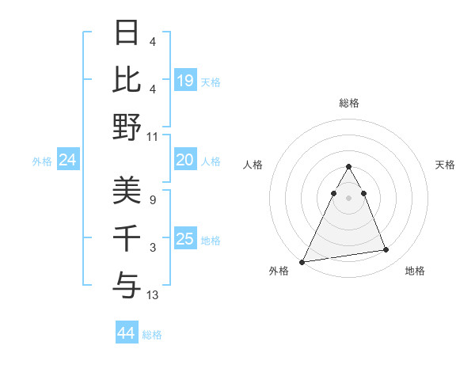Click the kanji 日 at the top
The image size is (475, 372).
click(127, 32)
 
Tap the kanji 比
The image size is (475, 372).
click(127, 79)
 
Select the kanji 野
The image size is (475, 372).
click(127, 126)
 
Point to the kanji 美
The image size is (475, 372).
click(127, 190)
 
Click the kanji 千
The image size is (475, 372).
click(127, 237)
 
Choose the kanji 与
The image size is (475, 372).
click(127, 284)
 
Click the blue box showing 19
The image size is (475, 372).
click(185, 80)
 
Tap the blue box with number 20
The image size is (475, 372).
click(185, 160)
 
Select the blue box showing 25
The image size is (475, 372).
click(185, 239)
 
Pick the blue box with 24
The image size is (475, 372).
click(68, 161)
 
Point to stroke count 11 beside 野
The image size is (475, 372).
click(153, 136)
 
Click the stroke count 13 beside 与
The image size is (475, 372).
click(153, 295)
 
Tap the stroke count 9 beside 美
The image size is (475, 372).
click(152, 200)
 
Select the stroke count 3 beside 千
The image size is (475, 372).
click(152, 248)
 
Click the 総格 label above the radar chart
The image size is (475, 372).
click(349, 103)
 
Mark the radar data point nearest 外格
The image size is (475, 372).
click(302, 261)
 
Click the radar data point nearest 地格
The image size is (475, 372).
click(386, 250)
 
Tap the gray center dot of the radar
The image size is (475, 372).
click(349, 197)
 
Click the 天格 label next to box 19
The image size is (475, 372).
click(211, 82)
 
